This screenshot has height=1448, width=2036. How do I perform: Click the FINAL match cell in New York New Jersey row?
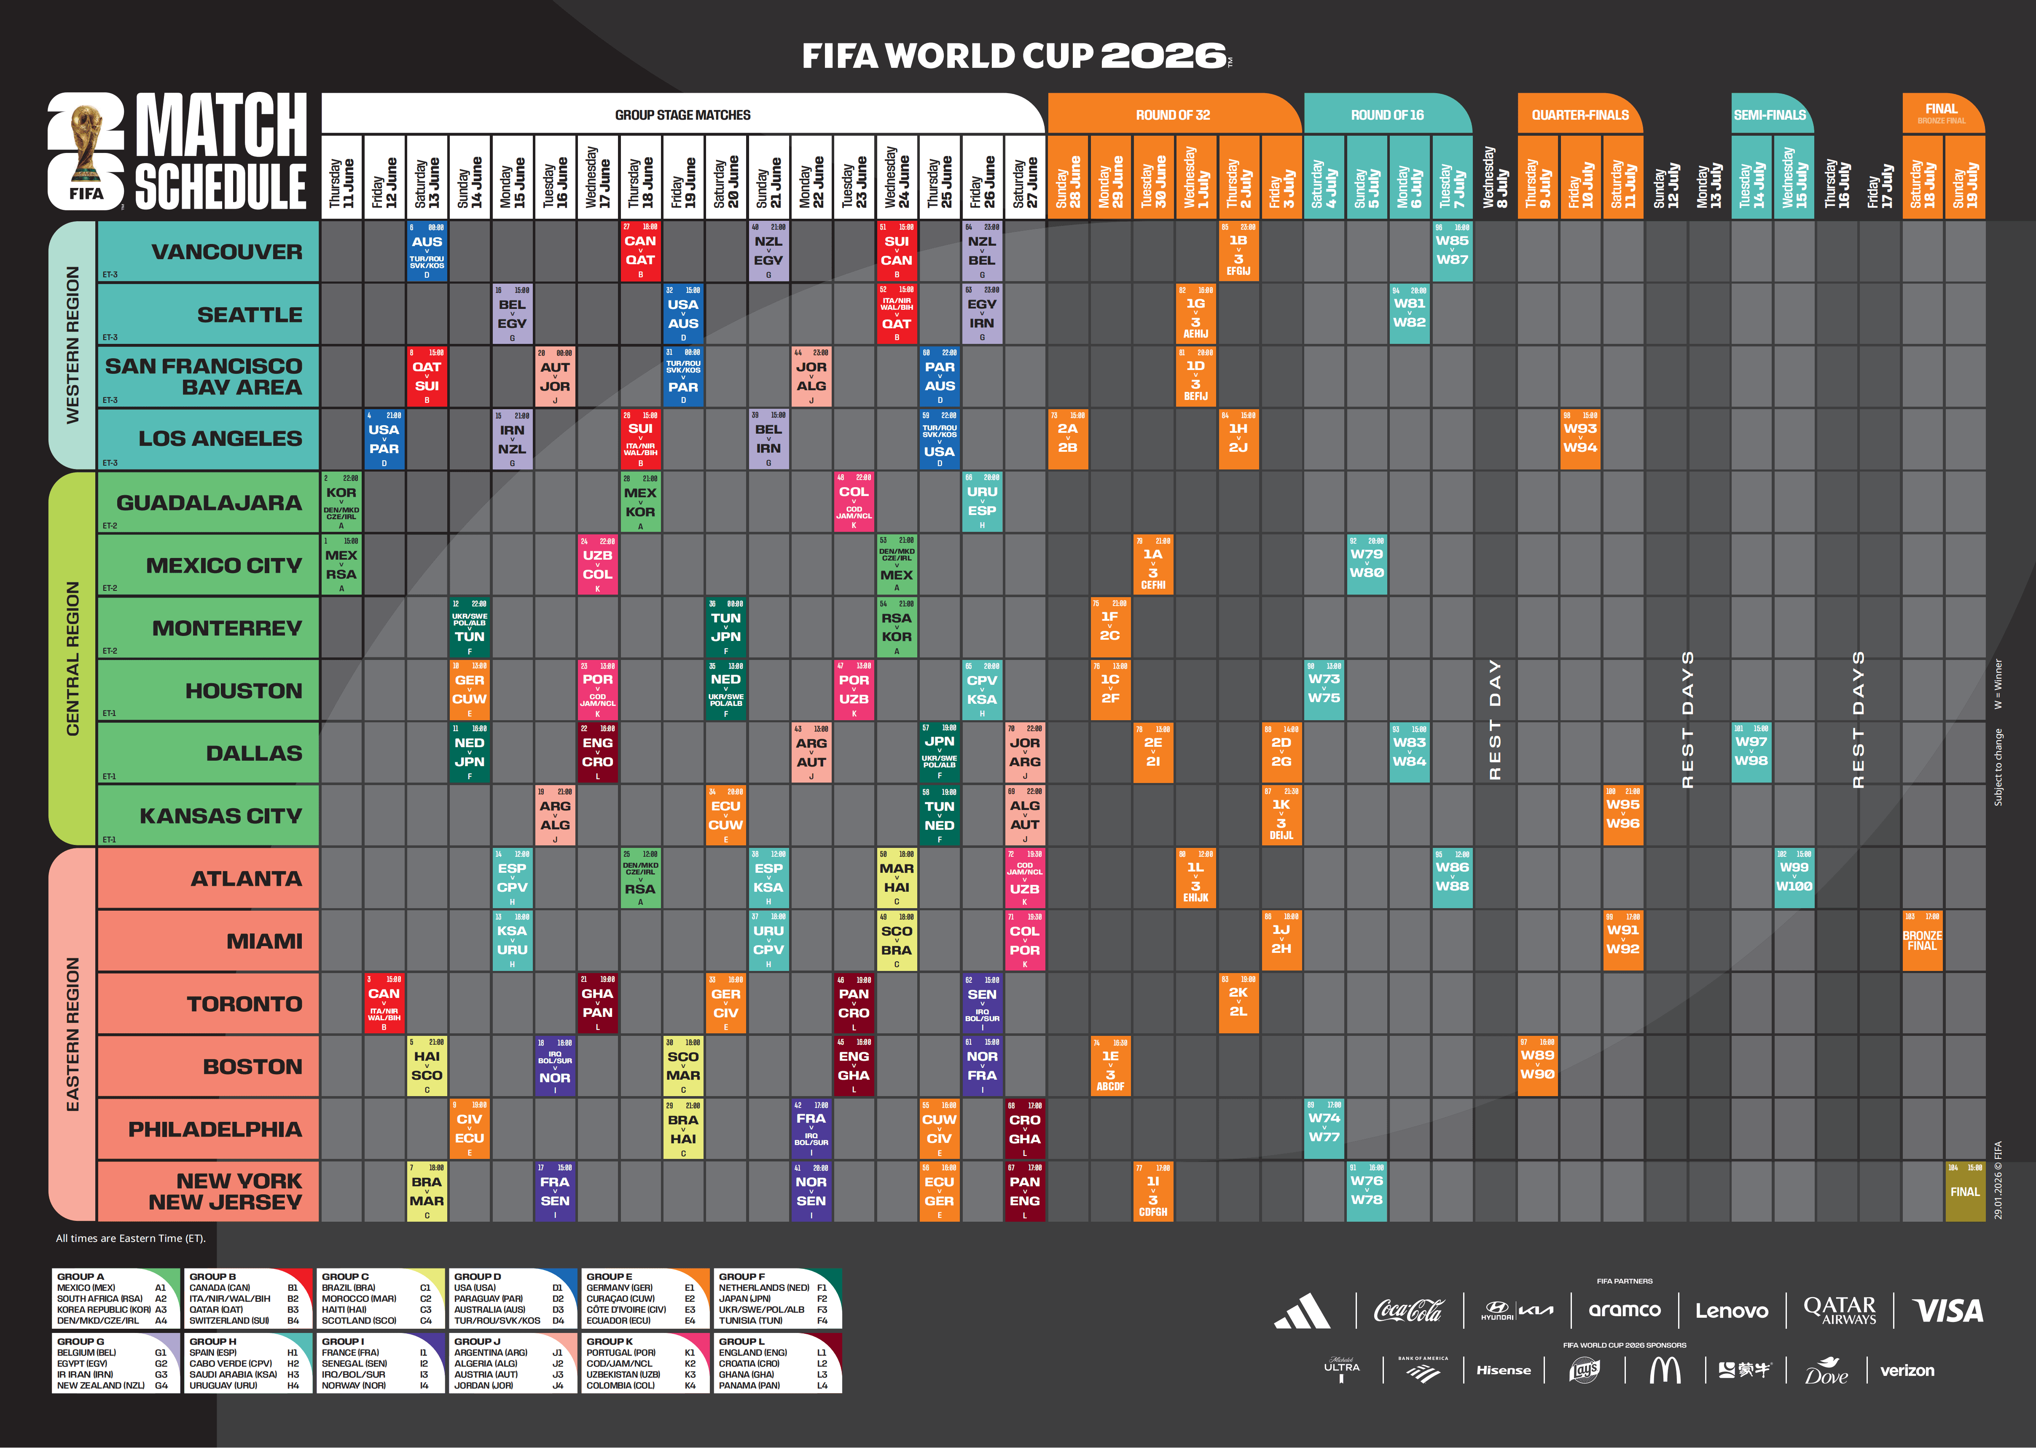point(1965,1191)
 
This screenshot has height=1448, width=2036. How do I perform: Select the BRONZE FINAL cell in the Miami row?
point(1922,941)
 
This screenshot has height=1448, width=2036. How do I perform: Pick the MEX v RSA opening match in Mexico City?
point(341,564)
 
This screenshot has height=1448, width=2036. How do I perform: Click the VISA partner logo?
point(1949,1311)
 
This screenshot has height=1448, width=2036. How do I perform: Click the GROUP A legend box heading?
point(80,1276)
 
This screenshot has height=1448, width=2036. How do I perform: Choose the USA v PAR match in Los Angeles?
point(384,439)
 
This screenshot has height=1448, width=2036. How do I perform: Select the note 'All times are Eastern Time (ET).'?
point(130,1238)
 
